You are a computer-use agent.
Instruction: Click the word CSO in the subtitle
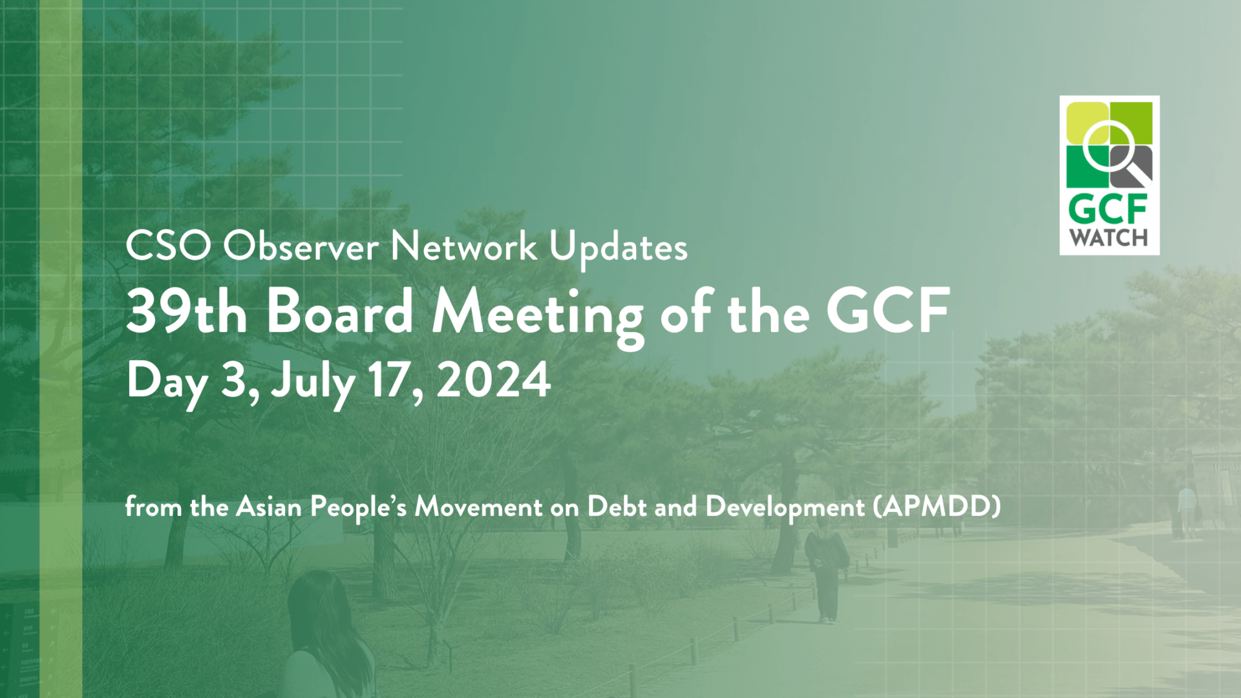(168, 246)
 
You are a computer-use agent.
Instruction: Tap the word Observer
(301, 246)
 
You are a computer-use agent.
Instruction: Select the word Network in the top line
(463, 246)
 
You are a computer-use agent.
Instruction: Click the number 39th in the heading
(186, 312)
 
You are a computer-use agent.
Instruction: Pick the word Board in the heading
(340, 312)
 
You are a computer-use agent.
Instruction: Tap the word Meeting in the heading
(537, 313)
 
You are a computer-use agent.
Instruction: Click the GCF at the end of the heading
(887, 312)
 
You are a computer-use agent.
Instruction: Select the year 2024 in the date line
(493, 380)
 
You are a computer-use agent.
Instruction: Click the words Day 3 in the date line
(192, 381)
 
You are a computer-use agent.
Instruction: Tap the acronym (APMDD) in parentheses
(937, 506)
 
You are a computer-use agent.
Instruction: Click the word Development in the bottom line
(785, 507)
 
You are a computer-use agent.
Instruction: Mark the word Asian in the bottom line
(269, 506)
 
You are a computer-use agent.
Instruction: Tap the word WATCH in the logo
(1108, 237)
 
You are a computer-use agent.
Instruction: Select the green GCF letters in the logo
(1108, 209)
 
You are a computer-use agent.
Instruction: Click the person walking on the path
(825, 572)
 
